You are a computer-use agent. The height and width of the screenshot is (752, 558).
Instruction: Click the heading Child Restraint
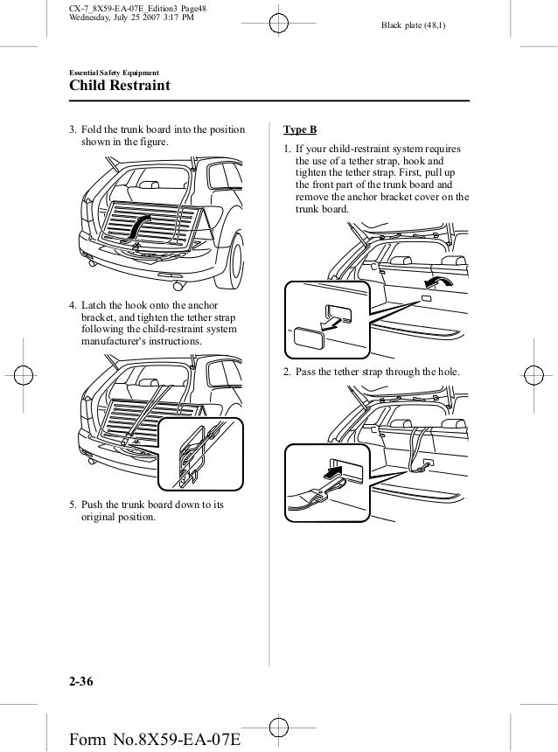[x=120, y=87]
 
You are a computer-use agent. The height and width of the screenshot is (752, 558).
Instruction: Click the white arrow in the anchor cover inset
[x=330, y=322]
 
